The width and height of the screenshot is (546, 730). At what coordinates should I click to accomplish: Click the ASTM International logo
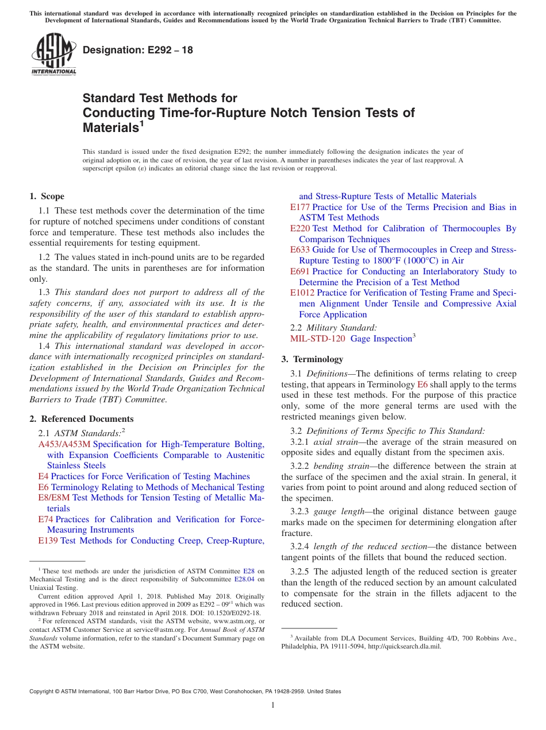coord(53,54)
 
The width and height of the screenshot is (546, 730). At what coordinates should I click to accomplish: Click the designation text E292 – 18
coord(138,50)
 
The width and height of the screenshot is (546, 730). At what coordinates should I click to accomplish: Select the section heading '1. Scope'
coord(47,196)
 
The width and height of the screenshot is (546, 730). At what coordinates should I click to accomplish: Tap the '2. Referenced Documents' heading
coord(82,419)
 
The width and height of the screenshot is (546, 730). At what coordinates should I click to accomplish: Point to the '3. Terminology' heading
coord(312,359)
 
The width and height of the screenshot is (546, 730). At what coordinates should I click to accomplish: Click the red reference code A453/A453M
coord(64,444)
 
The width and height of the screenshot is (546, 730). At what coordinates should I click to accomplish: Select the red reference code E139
coord(48,541)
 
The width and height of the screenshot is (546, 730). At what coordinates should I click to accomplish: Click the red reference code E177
coord(300,207)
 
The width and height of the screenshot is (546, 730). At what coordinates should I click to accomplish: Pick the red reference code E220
coord(300,228)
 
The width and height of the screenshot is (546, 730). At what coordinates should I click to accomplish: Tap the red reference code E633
coord(300,250)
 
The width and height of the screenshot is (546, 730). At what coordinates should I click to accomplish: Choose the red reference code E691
coord(300,271)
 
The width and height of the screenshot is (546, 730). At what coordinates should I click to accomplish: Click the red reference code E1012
coord(302,293)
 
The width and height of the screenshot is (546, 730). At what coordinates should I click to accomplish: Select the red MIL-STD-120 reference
coord(318,339)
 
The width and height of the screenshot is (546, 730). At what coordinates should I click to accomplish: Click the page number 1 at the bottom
coord(273,705)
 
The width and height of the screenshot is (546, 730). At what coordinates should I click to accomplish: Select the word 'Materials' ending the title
coord(109,128)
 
